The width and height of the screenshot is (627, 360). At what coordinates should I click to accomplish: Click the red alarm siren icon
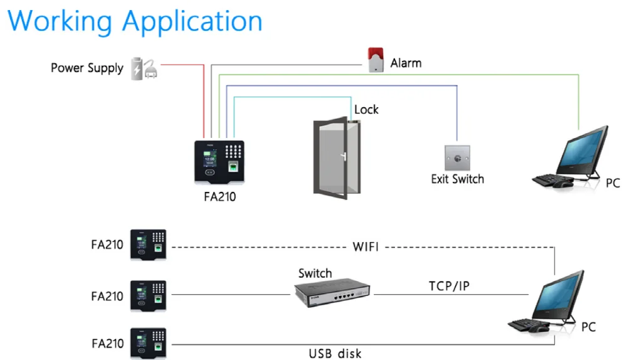[x=375, y=60]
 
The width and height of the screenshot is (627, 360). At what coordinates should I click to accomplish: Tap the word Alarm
[x=406, y=63]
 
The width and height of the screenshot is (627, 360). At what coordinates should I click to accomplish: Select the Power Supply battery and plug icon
[x=144, y=68]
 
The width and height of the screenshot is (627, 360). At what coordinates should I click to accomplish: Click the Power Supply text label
[x=87, y=68]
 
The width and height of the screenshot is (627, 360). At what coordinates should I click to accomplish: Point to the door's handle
[x=342, y=157]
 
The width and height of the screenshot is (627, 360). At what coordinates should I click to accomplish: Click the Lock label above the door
[x=366, y=109]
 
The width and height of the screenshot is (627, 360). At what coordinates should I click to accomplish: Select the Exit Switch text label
[x=457, y=179]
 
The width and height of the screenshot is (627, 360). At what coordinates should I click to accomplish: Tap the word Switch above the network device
[x=315, y=273]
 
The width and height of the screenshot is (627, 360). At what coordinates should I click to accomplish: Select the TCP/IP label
[x=449, y=286]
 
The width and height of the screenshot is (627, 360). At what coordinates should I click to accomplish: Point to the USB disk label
[x=335, y=353]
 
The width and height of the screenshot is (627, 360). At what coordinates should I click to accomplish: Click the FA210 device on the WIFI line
[x=148, y=244]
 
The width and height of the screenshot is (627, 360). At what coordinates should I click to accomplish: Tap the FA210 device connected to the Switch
[x=148, y=295]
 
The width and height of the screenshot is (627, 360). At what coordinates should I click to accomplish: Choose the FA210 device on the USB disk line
[x=148, y=344]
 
